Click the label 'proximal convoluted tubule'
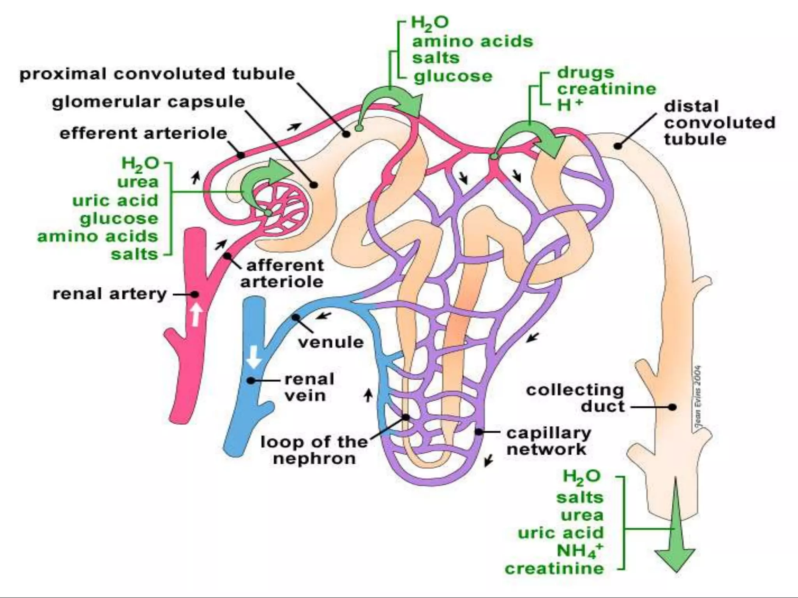[157, 74]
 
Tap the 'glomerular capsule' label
[148, 102]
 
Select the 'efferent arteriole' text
[143, 134]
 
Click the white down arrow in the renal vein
[254, 357]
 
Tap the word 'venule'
[330, 342]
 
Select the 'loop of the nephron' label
[314, 450]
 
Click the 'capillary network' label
[548, 441]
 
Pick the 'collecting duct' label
[575, 398]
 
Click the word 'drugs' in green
[585, 72]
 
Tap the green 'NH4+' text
[579, 551]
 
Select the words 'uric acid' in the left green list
[115, 201]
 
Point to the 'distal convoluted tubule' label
[719, 122]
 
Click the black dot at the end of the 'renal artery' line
[194, 294]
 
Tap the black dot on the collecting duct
[672, 407]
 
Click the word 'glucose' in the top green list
[453, 76]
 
